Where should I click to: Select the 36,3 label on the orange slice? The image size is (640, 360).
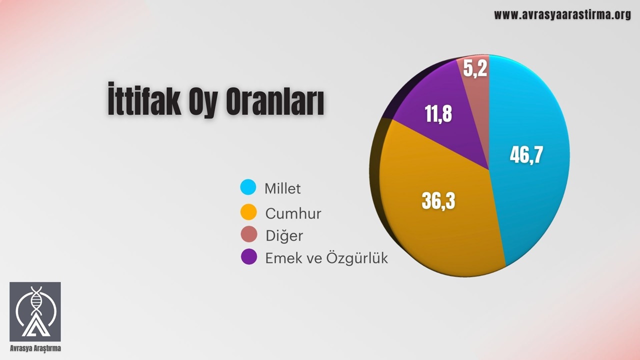pyautogui.click(x=438, y=201)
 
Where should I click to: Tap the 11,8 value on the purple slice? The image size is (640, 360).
pyautogui.click(x=438, y=114)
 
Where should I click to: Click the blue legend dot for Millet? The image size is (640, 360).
pyautogui.click(x=248, y=187)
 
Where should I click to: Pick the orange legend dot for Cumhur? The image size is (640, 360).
pyautogui.click(x=248, y=212)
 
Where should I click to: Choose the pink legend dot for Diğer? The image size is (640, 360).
pyautogui.click(x=248, y=234)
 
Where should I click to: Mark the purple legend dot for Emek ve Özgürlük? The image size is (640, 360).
pyautogui.click(x=248, y=257)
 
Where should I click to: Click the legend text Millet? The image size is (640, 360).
pyautogui.click(x=282, y=188)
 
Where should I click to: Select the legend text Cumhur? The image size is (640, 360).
pyautogui.click(x=293, y=213)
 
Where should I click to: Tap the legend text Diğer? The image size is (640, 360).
pyautogui.click(x=284, y=235)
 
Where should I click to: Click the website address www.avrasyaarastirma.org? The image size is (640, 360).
pyautogui.click(x=562, y=15)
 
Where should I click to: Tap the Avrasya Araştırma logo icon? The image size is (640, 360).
pyautogui.click(x=35, y=311)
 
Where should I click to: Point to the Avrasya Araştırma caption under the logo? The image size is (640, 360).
pyautogui.click(x=35, y=348)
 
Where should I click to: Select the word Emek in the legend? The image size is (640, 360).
pyautogui.click(x=279, y=258)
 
